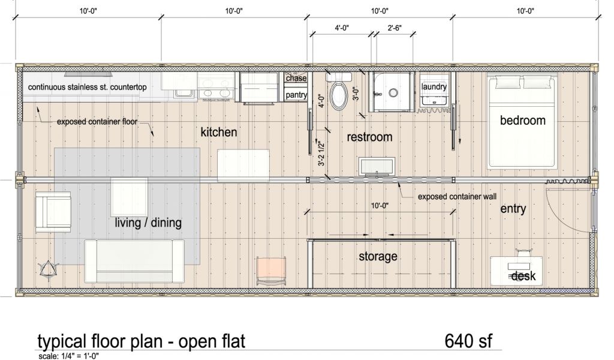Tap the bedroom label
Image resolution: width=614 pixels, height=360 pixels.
point(522,120)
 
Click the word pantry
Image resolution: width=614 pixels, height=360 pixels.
point(296,95)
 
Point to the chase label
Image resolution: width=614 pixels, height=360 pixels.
point(296,78)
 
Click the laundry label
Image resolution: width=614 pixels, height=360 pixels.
point(434,86)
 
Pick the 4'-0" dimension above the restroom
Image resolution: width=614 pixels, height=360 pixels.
point(341,28)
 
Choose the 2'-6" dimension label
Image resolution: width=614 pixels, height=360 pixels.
point(395,28)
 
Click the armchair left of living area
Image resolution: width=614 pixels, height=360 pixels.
point(53,212)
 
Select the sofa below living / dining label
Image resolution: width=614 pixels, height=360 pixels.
point(134,261)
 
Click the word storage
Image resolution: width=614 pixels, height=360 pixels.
point(378,257)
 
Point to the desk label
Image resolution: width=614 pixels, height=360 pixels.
point(523,276)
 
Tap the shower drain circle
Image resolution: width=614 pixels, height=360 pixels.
point(393,93)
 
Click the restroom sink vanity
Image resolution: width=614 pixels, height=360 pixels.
point(377,166)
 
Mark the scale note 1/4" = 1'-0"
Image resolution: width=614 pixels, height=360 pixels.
point(68,356)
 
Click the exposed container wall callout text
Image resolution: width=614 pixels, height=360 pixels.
point(457,197)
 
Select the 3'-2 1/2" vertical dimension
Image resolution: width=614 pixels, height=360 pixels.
point(322,153)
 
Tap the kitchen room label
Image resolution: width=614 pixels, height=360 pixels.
point(218,132)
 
